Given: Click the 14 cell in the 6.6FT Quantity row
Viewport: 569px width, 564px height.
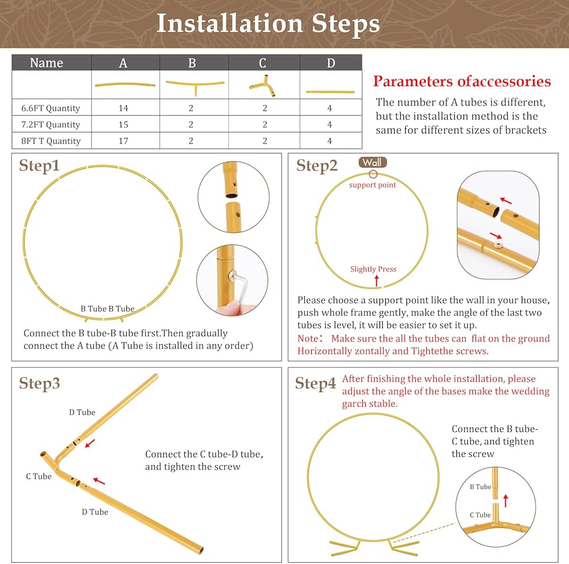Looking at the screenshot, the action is pos(123,108).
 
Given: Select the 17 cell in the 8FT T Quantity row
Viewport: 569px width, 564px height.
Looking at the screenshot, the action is pos(123,141).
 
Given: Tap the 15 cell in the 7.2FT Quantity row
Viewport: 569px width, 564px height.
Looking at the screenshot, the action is pos(123,125).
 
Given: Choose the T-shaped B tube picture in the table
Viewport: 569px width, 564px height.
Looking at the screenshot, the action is pos(195,87).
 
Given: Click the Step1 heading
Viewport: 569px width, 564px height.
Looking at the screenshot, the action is pos(39,166).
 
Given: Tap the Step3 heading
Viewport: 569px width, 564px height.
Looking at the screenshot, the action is pos(39,384).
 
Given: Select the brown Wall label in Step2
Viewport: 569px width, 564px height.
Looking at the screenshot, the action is pos(373,162).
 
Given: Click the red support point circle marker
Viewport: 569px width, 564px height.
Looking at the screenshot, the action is pos(373,174).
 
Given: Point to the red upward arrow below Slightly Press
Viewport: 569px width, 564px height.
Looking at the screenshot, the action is pos(377,281).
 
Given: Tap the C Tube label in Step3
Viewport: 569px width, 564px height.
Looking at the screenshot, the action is pos(39,476).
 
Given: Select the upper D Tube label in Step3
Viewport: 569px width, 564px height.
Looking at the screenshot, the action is pos(82,412).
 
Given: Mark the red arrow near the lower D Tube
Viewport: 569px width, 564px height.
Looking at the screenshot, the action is pos(99,481).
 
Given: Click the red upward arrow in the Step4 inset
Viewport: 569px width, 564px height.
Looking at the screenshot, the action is pos(506,501).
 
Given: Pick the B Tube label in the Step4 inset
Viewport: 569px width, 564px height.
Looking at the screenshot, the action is pos(480,487).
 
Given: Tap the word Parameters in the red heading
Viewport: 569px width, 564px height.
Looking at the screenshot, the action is pos(414,81).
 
